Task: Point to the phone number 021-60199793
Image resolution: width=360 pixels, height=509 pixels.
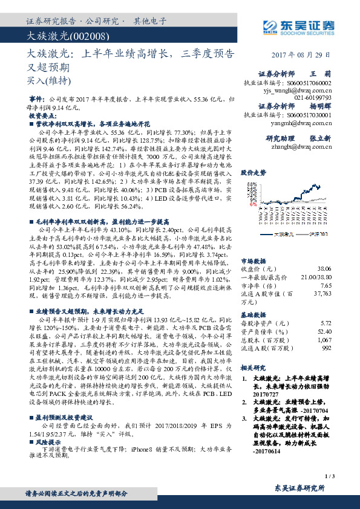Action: pos(313,97)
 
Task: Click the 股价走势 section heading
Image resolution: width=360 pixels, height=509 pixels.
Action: pos(254,172)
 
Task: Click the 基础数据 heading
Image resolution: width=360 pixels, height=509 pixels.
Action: pos(253,315)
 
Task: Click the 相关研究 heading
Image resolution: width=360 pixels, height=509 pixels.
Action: pos(253,367)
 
